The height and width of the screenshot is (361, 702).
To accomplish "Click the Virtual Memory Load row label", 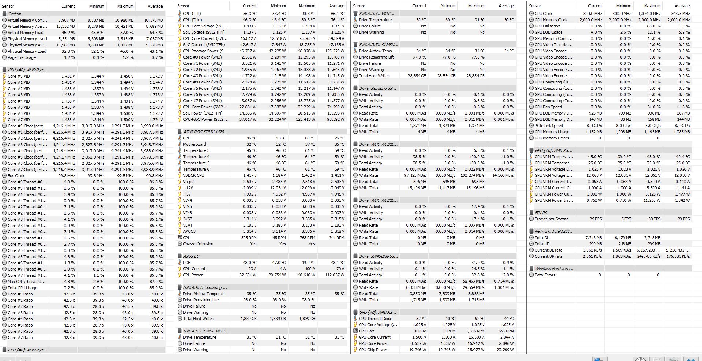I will tap(25, 33).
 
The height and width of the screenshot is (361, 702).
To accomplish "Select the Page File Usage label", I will tap(22, 57).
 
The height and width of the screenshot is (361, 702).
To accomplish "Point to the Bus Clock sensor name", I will tap(16, 176).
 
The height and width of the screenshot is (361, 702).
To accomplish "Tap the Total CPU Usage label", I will tap(22, 288).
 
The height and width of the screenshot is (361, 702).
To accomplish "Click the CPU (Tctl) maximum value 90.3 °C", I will tap(307, 14).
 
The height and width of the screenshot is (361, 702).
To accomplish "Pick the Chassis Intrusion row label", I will tap(198, 244).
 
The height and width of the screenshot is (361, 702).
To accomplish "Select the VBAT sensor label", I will tap(187, 225).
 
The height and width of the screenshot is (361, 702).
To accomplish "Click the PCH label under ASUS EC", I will tap(187, 263).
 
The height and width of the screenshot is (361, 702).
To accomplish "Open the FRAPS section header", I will tap(541, 213).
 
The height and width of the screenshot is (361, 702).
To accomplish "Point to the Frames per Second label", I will tap(551, 219).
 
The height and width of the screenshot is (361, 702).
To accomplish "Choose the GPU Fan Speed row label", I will tap(548, 107).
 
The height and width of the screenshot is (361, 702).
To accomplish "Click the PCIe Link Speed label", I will tap(549, 126).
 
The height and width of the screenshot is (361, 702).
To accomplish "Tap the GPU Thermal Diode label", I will tap(375, 319).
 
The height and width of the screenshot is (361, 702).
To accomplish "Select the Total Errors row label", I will tap(545, 275).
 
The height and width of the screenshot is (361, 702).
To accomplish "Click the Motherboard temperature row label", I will tap(194, 144).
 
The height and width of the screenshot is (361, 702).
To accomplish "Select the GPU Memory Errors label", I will tap(551, 138).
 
